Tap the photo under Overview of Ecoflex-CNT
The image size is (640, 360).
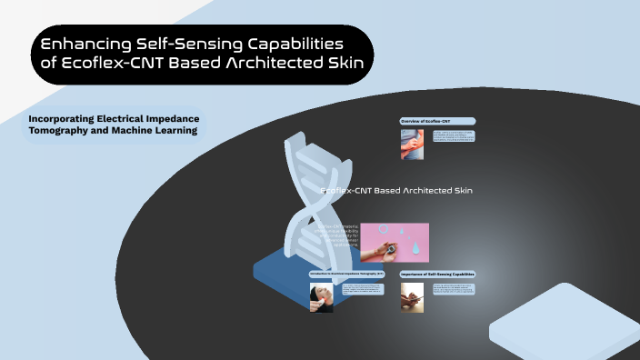[412, 144]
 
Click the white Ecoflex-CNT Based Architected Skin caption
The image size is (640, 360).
[397, 190]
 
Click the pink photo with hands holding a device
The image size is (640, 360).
[395, 243]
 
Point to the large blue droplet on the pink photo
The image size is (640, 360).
[414, 243]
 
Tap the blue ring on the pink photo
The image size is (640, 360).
[384, 230]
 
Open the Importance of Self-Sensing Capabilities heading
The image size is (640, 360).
[437, 274]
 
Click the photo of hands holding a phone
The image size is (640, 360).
[412, 297]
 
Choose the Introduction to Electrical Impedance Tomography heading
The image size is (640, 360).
[346, 274]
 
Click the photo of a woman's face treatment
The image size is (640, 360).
[321, 297]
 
